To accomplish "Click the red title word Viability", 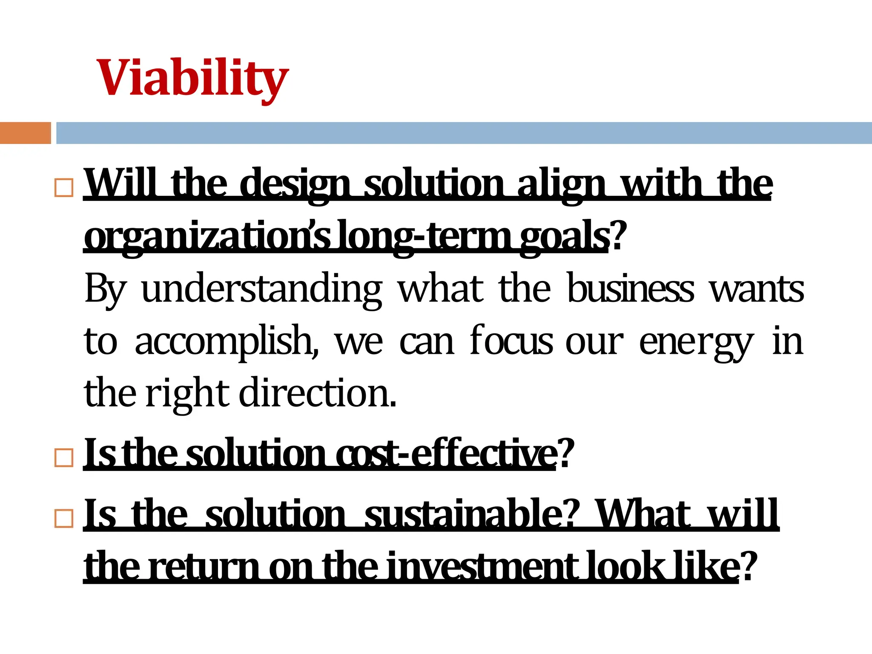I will tap(192, 79).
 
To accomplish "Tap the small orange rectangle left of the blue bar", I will tap(25, 133).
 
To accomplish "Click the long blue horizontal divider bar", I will tap(463, 133).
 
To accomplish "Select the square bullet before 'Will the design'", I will tap(64, 187).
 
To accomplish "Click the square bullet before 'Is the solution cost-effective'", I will tap(64, 458).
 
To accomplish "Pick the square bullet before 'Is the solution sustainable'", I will tap(64, 518).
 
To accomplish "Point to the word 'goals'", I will tap(564, 237).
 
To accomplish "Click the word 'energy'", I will tap(697, 342).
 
